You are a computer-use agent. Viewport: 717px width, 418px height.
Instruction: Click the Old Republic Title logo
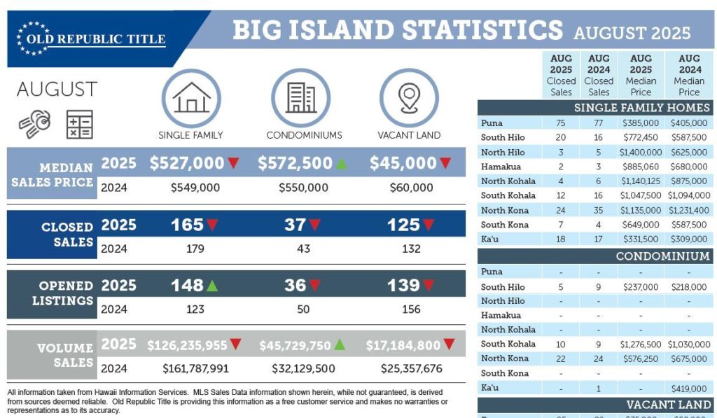91,39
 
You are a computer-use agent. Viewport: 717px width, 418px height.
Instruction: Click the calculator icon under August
79,124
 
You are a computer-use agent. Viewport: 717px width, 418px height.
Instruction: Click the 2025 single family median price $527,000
186,163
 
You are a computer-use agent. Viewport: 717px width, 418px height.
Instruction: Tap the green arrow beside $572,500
340,163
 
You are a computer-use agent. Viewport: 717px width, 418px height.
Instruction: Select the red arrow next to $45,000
445,163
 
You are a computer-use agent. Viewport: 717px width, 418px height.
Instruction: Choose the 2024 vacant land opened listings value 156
411,309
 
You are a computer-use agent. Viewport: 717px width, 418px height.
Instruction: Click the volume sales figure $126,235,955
187,345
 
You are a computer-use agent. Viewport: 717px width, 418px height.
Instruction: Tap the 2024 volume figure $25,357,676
412,368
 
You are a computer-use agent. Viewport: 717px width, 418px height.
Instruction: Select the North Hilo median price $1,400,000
640,152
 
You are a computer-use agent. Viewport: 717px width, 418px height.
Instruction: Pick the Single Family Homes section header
642,108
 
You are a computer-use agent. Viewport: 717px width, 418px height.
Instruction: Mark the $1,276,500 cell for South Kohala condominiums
640,344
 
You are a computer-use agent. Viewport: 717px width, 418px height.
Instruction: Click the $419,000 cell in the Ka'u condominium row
688,388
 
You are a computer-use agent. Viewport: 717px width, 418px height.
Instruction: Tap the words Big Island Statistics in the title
397,30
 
